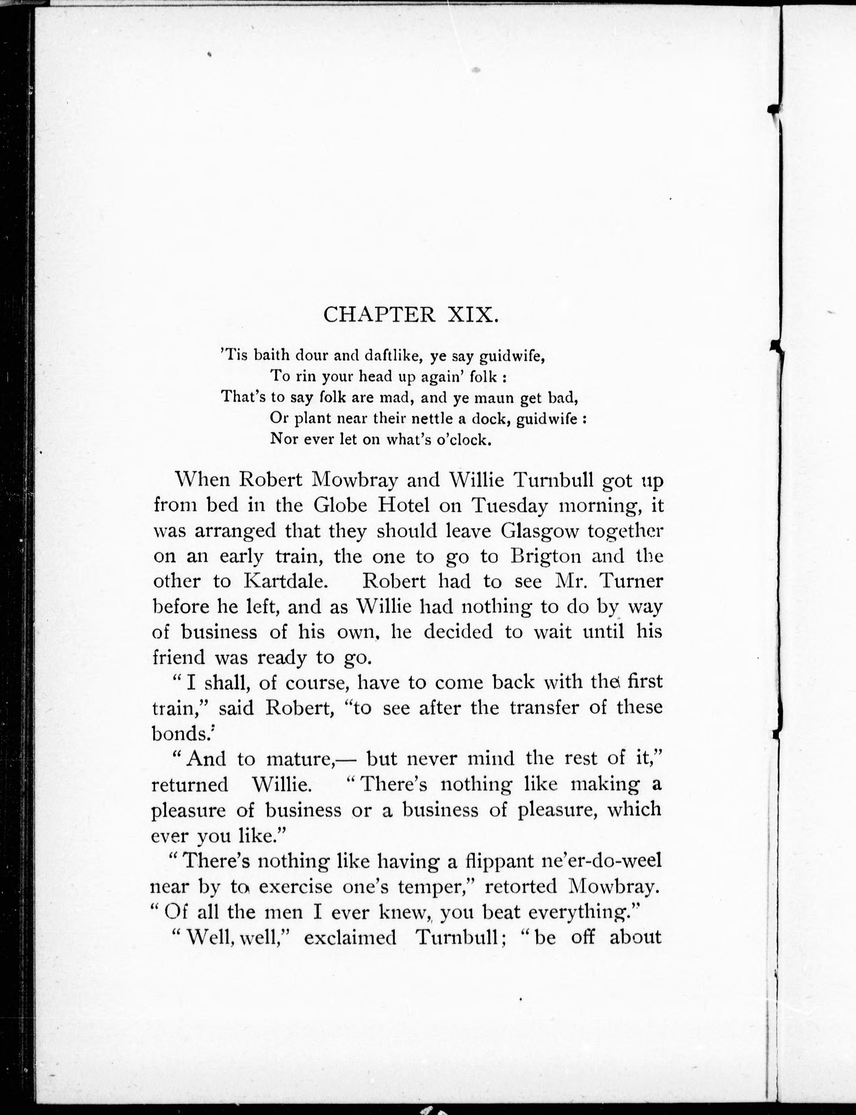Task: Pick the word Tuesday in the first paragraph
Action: pos(510,506)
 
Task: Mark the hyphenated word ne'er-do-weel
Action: pos(604,861)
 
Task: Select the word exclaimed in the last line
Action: pos(350,937)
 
